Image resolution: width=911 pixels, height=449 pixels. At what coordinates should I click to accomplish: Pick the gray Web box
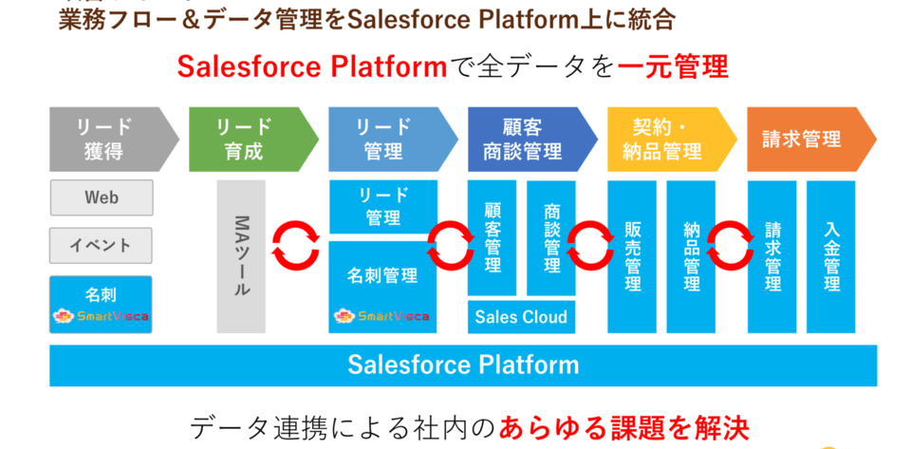[102, 197]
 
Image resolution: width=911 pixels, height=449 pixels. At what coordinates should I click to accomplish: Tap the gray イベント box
[102, 245]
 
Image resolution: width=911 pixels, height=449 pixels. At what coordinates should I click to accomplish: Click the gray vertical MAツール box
[241, 256]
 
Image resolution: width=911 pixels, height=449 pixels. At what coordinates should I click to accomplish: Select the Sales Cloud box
[521, 317]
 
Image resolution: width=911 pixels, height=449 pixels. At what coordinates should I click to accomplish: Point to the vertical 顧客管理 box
[492, 237]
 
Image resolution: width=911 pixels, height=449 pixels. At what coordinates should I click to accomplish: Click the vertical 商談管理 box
[551, 237]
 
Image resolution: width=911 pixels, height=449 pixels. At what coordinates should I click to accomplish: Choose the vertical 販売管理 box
[632, 256]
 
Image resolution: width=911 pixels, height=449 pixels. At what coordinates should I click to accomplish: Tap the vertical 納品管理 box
[691, 256]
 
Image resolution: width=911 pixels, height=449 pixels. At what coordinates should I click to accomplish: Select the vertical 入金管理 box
[831, 256]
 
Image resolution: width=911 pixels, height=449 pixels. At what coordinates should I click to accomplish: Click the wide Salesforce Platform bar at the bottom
[463, 365]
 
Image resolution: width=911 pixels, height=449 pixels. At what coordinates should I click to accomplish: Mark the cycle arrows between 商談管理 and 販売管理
[589, 244]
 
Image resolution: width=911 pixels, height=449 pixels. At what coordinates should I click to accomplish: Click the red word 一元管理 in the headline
[673, 66]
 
